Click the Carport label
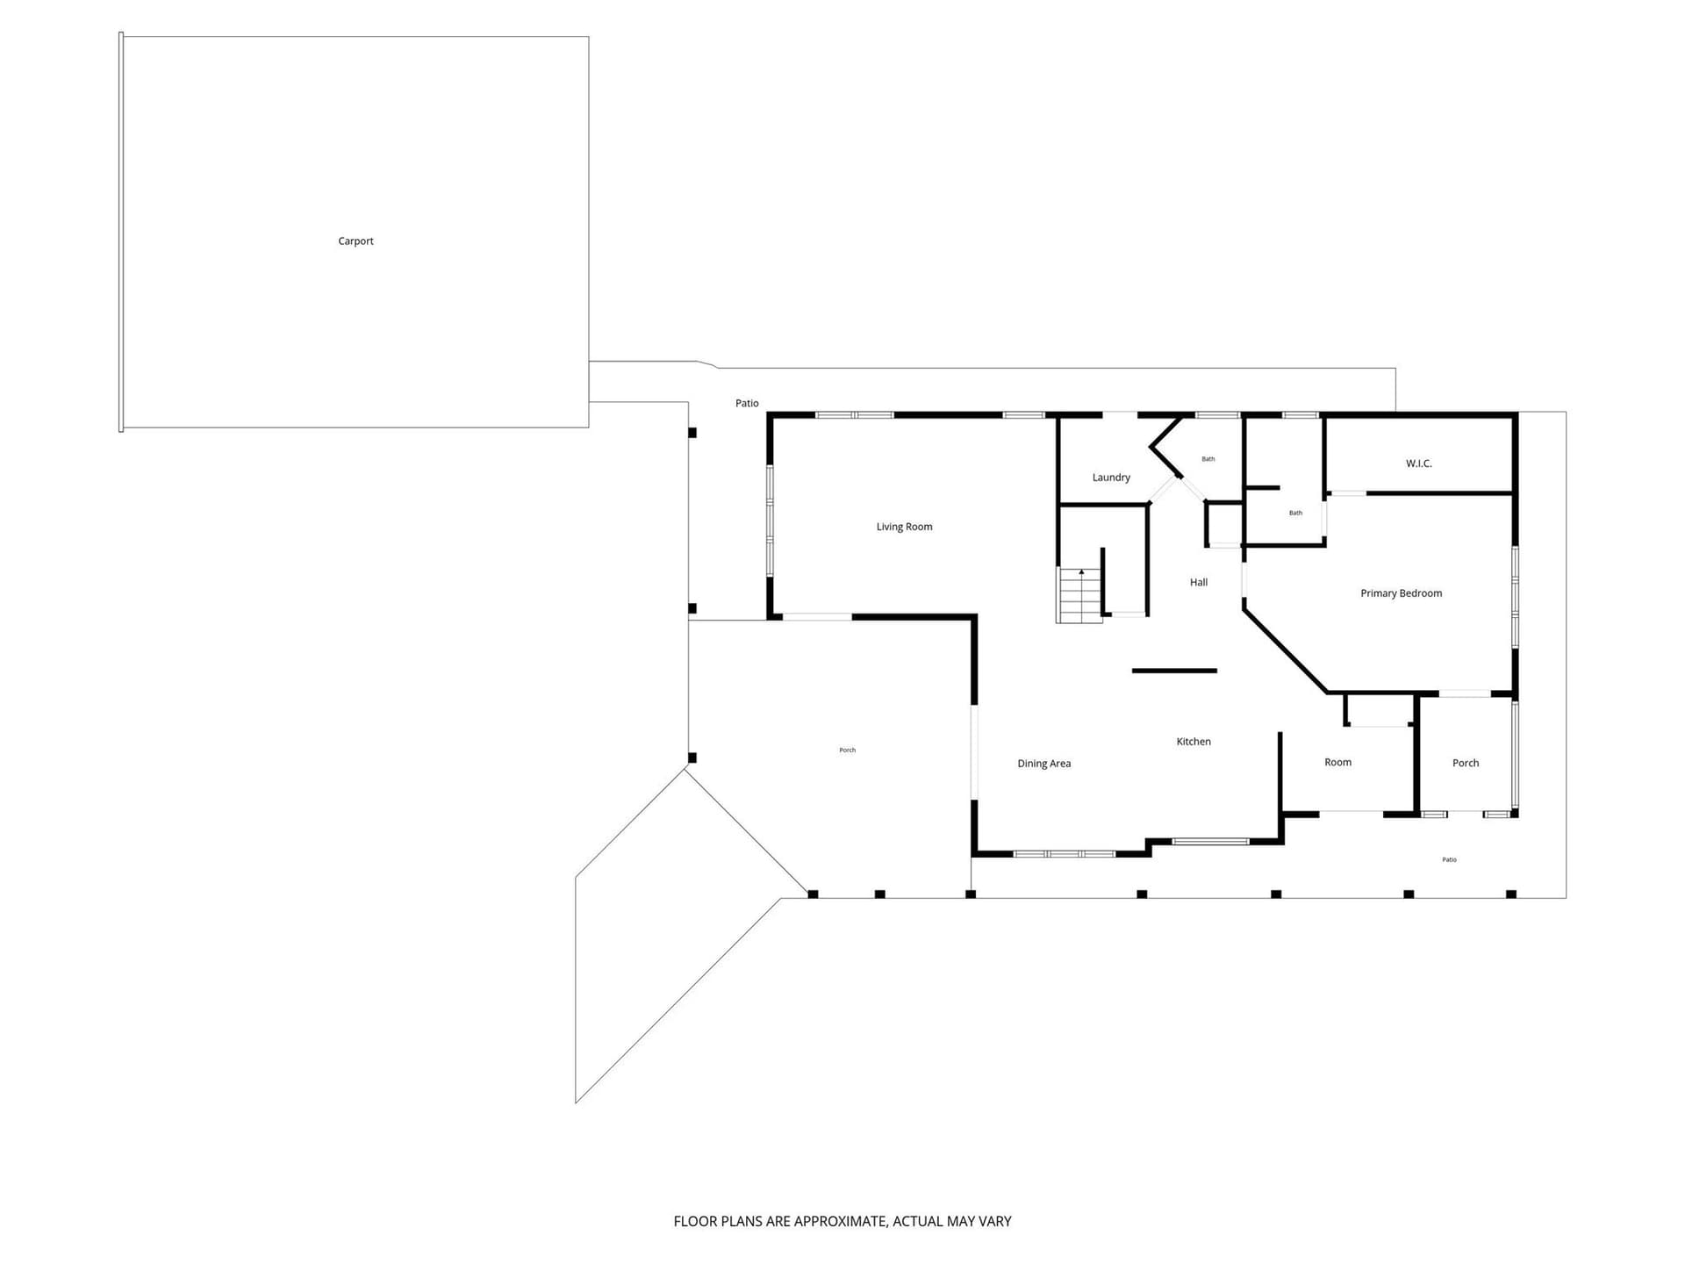tap(355, 241)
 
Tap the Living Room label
tap(904, 527)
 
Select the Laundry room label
tap(1111, 478)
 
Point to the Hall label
tap(1199, 582)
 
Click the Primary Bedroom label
tap(1401, 593)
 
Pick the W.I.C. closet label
tap(1418, 463)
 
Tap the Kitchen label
tap(1194, 742)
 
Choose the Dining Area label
tap(1043, 764)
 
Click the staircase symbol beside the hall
tap(1079, 595)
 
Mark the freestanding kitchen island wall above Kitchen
tap(1174, 671)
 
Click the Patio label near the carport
tap(747, 403)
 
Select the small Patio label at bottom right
tap(1449, 859)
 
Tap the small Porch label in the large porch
tap(847, 750)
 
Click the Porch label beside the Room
tap(1466, 763)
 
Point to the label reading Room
tap(1337, 762)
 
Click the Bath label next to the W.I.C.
tap(1295, 513)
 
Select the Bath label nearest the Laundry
tap(1208, 458)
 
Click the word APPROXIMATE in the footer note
tap(840, 1221)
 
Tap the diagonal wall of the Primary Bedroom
tap(1286, 650)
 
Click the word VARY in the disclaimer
tap(995, 1221)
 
